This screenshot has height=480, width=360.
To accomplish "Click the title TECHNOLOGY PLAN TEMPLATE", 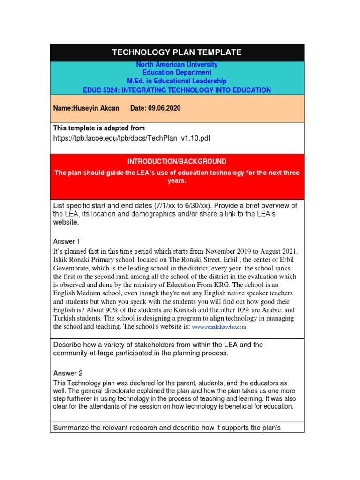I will pyautogui.click(x=177, y=52).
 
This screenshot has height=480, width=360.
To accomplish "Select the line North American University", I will pyautogui.click(x=177, y=65).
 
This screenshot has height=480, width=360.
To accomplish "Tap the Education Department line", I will pyautogui.click(x=177, y=73).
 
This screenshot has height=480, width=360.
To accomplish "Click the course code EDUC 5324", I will pyautogui.click(x=100, y=90).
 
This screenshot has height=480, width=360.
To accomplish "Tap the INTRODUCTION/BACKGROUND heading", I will pyautogui.click(x=177, y=161).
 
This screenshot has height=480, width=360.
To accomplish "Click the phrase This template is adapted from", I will pyautogui.click(x=99, y=128).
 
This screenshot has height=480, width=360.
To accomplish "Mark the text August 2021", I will pyautogui.click(x=277, y=251).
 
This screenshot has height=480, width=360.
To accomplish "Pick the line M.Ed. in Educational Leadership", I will pyautogui.click(x=177, y=81).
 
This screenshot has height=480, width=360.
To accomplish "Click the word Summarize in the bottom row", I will pyautogui.click(x=71, y=427).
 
